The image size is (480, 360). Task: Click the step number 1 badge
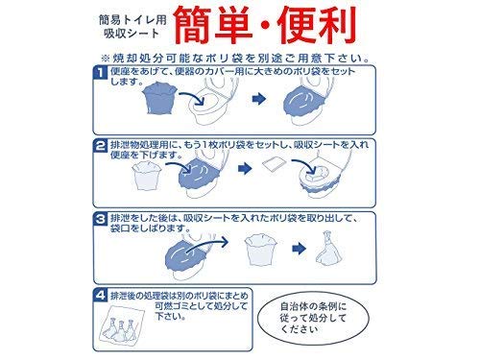coord(101,72)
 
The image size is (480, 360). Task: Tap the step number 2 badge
coord(101,146)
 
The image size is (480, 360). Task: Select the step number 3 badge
coord(101,219)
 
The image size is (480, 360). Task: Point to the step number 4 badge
coord(101,295)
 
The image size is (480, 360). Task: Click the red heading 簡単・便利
coord(265,26)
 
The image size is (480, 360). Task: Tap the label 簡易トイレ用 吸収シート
coord(132,27)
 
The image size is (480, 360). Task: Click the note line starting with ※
coord(235,59)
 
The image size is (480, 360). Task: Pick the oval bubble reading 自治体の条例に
coord(313,318)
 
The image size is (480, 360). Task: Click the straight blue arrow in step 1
coord(259,99)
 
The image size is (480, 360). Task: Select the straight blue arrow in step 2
coord(245,168)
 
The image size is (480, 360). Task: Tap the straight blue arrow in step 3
coord(300,249)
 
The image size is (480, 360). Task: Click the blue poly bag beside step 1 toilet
coord(159,98)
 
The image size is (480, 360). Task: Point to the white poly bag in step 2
coord(145,177)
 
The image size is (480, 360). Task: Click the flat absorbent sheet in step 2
coord(273,165)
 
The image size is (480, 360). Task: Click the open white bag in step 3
coord(260,250)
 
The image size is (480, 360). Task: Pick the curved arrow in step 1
coord(192,97)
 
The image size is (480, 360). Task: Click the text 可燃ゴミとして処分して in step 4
coord(201,306)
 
